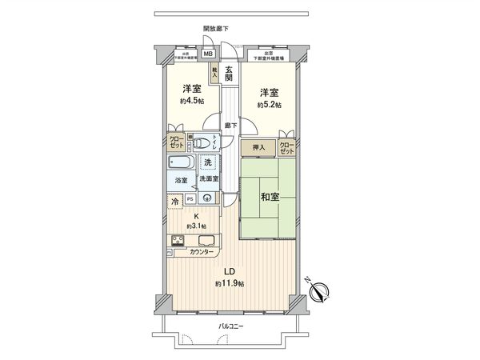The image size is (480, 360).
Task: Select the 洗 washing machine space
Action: tap(208, 162)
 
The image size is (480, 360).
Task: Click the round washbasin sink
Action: tap(208, 199)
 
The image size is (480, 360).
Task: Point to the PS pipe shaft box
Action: tap(190, 199)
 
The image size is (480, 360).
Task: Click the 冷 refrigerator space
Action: tap(175, 203)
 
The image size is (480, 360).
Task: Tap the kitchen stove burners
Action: tap(178, 240)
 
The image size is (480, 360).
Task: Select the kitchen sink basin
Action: tap(205, 239)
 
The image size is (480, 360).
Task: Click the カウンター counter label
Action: tap(202, 252)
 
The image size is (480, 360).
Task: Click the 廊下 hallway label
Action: tap(230, 125)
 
